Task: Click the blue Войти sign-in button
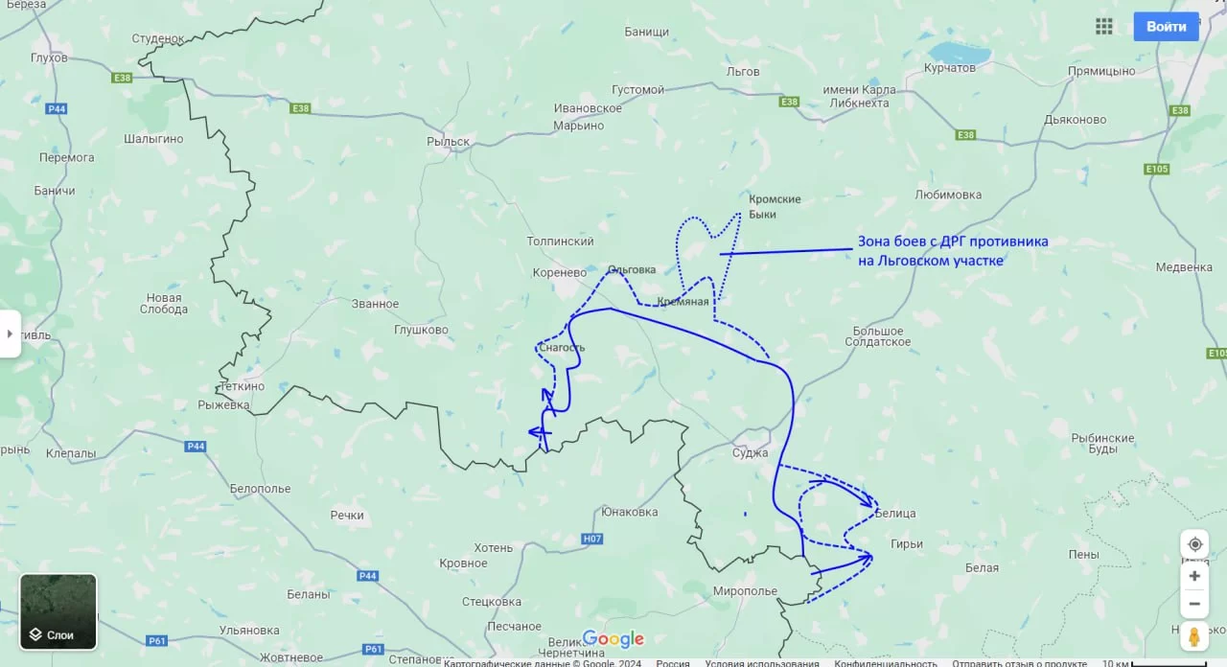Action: coord(1166,27)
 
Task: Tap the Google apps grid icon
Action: coord(1104,27)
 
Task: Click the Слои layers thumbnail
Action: coord(58,610)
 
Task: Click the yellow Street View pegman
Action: coord(1193,635)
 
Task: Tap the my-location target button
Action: coord(1194,544)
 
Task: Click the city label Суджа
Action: coord(750,452)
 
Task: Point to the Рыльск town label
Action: coord(448,142)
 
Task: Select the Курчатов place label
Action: coord(949,68)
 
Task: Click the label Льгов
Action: coord(743,72)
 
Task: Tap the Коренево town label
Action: coord(559,272)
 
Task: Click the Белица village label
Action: coord(895,514)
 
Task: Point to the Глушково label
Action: coord(421,330)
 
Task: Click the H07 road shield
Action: coord(592,539)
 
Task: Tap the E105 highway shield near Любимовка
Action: coord(1157,170)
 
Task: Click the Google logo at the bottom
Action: coord(613,639)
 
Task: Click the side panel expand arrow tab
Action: coord(10,333)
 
